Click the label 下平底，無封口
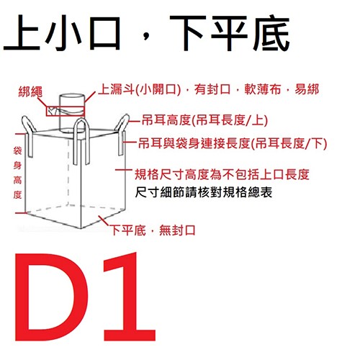[x=153, y=230]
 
